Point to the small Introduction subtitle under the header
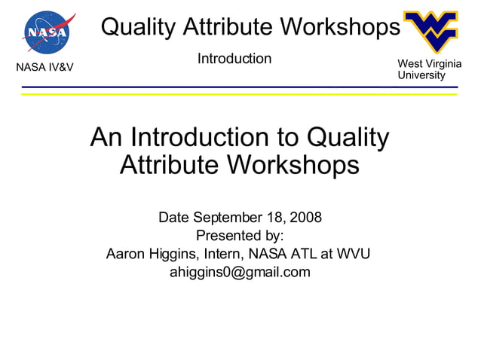coord(234,59)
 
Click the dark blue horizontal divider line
coord(240,87)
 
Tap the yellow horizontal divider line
coord(240,94)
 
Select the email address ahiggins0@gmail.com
coord(240,272)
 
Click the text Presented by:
coord(240,236)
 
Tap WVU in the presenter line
coord(353,254)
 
